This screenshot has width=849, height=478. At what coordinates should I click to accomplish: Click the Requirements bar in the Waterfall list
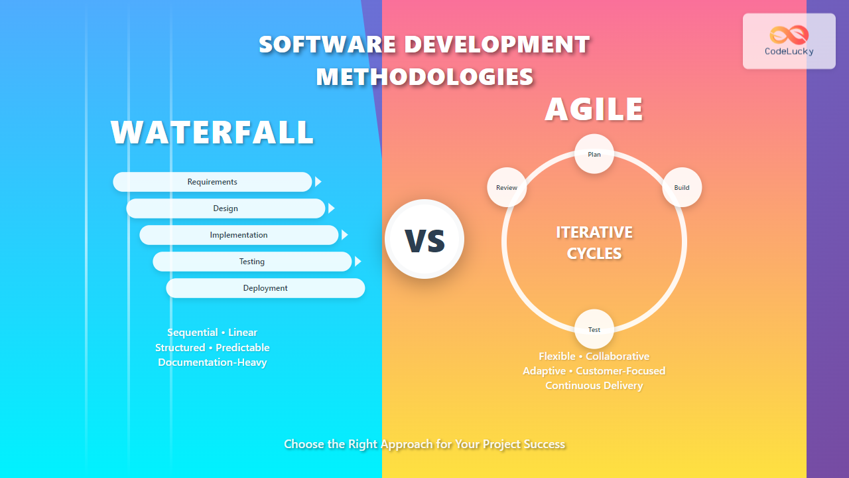pyautogui.click(x=212, y=182)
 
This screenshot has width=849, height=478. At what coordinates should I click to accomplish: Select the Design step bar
pyautogui.click(x=226, y=208)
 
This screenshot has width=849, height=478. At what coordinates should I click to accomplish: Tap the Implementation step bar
pyautogui.click(x=239, y=235)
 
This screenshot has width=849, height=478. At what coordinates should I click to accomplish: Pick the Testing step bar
pyautogui.click(x=252, y=262)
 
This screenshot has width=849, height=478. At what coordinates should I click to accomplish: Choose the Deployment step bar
pyautogui.click(x=265, y=288)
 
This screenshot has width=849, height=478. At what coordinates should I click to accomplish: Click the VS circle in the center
pyautogui.click(x=424, y=239)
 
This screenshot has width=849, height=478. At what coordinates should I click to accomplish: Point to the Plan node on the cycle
pyautogui.click(x=594, y=154)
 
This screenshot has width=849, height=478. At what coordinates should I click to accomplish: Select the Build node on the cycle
pyautogui.click(x=682, y=187)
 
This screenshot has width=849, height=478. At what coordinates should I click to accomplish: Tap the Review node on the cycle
pyautogui.click(x=507, y=187)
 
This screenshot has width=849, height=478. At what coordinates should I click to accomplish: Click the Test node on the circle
pyautogui.click(x=594, y=329)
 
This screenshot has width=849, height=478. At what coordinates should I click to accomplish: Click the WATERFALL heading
pyautogui.click(x=212, y=132)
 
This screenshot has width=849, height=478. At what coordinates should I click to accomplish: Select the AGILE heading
pyautogui.click(x=594, y=110)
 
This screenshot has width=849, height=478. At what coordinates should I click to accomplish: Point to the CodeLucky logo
pyautogui.click(x=789, y=41)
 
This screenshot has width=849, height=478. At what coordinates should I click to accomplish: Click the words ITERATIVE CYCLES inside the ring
pyautogui.click(x=594, y=242)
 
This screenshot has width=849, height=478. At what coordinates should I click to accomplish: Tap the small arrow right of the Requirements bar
pyautogui.click(x=318, y=182)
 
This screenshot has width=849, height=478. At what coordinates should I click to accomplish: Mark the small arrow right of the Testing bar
pyautogui.click(x=358, y=262)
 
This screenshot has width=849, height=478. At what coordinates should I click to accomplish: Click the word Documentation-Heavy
pyautogui.click(x=212, y=362)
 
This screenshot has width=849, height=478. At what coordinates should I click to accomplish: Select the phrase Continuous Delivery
pyautogui.click(x=594, y=386)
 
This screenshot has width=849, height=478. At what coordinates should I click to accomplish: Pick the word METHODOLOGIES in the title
pyautogui.click(x=424, y=77)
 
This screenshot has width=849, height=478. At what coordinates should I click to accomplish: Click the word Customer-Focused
pyautogui.click(x=620, y=371)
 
